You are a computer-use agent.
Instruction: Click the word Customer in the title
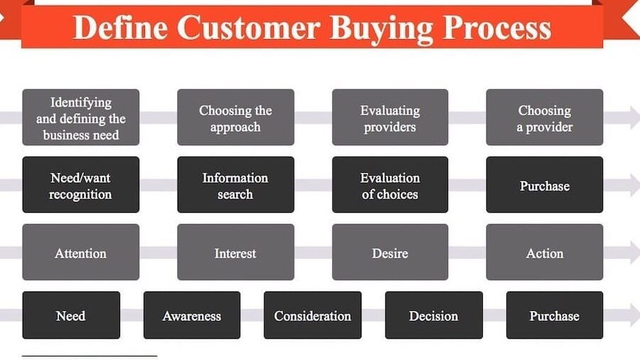point(249,28)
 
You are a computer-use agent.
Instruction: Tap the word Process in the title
point(497,28)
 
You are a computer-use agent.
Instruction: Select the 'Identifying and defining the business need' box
point(81,117)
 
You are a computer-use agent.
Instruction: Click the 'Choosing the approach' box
point(235,117)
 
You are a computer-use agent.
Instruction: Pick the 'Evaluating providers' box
point(390,117)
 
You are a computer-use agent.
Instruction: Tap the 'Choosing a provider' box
point(545,117)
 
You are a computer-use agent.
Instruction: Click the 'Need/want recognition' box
point(81,184)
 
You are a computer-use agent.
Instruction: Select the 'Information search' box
point(235,184)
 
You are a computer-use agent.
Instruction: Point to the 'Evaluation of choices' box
point(390,184)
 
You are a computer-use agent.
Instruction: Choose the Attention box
point(81,252)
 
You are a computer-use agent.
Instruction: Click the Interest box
point(235,252)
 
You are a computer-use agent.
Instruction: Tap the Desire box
point(390,252)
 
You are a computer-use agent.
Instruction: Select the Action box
point(545,252)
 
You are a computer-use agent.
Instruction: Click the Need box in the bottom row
point(71,315)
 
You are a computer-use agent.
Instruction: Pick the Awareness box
point(192,315)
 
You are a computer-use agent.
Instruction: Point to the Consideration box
point(313,315)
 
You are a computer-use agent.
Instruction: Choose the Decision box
point(434,315)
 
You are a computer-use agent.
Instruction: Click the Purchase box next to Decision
point(555,315)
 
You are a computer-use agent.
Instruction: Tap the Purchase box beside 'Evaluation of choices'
point(545,184)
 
